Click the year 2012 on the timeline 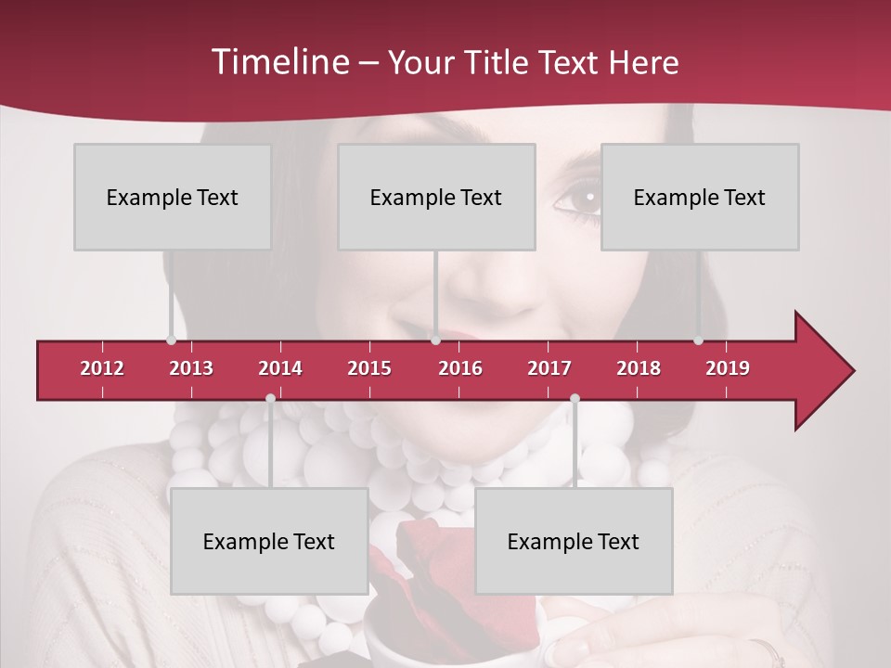[102, 368]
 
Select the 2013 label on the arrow [191, 368]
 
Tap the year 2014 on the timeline [280, 368]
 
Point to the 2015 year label [369, 368]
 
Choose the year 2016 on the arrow [460, 368]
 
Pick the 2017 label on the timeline [549, 368]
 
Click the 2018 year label [639, 368]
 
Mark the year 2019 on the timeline [728, 368]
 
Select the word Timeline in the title [278, 62]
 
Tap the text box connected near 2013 [173, 197]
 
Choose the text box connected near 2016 [436, 197]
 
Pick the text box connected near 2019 [700, 197]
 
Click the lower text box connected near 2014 [269, 541]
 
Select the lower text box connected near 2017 [574, 541]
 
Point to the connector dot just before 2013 [171, 340]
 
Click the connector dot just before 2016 [435, 340]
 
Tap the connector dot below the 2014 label [270, 399]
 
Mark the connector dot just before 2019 [698, 340]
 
